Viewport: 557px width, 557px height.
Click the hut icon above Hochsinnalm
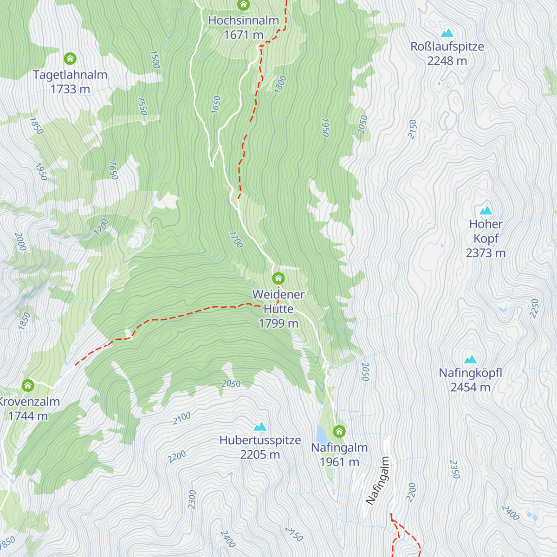(243, 5)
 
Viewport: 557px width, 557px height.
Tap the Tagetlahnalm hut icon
(70, 58)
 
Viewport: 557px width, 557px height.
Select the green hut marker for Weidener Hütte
(278, 278)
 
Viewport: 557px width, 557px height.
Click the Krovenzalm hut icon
(28, 385)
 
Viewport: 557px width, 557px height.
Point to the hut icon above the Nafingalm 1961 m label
(339, 431)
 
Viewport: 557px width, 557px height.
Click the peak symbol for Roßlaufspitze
(447, 33)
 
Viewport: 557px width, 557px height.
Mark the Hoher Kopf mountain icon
(486, 211)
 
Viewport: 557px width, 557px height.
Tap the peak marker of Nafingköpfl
(471, 359)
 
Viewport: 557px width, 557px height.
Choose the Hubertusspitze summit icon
(260, 427)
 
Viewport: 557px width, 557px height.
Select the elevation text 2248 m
(447, 61)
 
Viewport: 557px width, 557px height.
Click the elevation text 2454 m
(470, 387)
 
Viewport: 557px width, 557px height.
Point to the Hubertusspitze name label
(260, 440)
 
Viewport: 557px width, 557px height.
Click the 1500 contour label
(155, 59)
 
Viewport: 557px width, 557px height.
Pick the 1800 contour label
(280, 84)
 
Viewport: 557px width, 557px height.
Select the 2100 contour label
(181, 418)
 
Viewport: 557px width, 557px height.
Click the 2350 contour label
(454, 469)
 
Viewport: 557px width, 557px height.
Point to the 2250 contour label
(534, 308)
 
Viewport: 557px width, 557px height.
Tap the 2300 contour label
(192, 499)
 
